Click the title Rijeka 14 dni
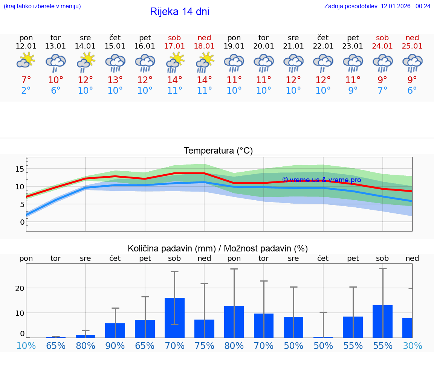click(179, 12)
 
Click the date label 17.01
click(174, 46)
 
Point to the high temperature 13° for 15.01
click(115, 80)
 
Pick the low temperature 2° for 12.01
click(26, 91)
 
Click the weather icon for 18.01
click(204, 62)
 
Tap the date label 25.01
click(412, 46)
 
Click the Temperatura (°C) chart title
click(218, 151)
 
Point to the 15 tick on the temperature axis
click(20, 169)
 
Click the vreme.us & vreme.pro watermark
click(321, 180)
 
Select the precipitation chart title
click(218, 248)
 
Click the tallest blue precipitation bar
click(174, 317)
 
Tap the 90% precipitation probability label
click(115, 346)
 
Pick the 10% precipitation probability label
click(26, 346)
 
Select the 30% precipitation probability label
click(412, 346)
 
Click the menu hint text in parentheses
click(42, 6)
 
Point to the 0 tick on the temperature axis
click(22, 222)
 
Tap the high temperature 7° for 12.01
click(26, 80)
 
